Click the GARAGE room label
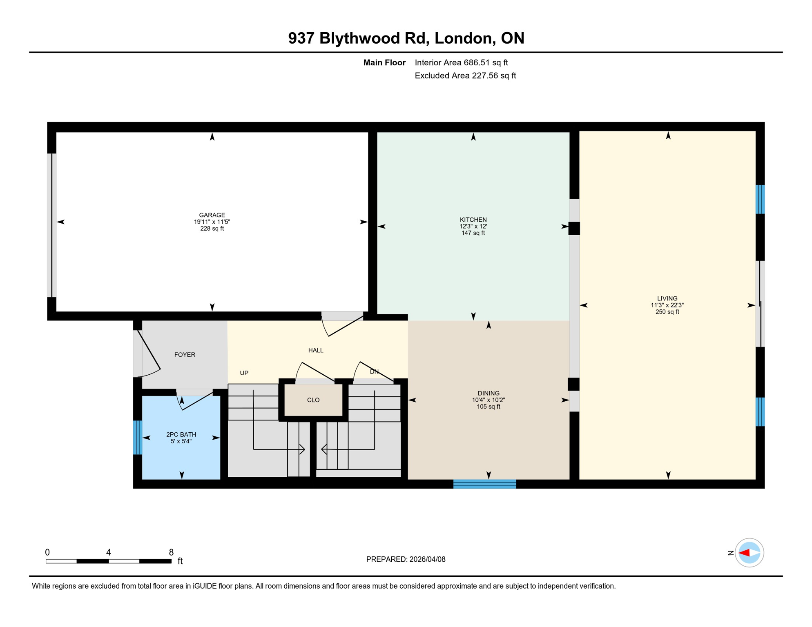(212, 215)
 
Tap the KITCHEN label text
(473, 220)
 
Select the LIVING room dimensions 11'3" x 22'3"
(667, 305)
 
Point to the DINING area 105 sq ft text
(488, 407)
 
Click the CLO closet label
(313, 400)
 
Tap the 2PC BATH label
(181, 434)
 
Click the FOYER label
(185, 355)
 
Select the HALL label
(316, 350)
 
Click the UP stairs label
(244, 373)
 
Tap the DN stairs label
(374, 371)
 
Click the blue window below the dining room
(484, 484)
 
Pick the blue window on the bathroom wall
(138, 437)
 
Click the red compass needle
(744, 553)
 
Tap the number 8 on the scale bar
(171, 552)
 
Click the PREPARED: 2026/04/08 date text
(406, 559)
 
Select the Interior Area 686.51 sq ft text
(461, 62)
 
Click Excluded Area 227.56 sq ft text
(465, 76)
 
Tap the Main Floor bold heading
(384, 62)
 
